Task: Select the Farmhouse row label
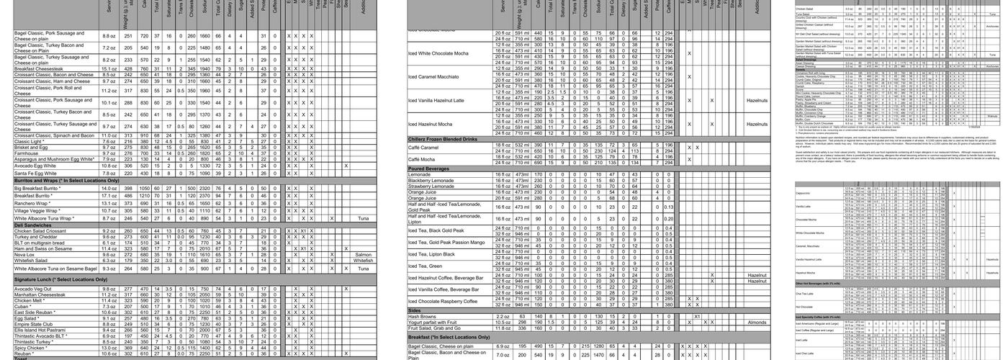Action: click(x=28, y=153)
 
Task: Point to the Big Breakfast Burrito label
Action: click(x=42, y=188)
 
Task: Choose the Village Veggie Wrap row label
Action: click(x=40, y=210)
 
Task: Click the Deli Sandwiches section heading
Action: click(x=34, y=225)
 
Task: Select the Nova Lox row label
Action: click(x=24, y=254)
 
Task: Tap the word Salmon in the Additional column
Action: click(x=364, y=254)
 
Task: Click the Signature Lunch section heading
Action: click(x=65, y=279)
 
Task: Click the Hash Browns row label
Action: click(x=423, y=316)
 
